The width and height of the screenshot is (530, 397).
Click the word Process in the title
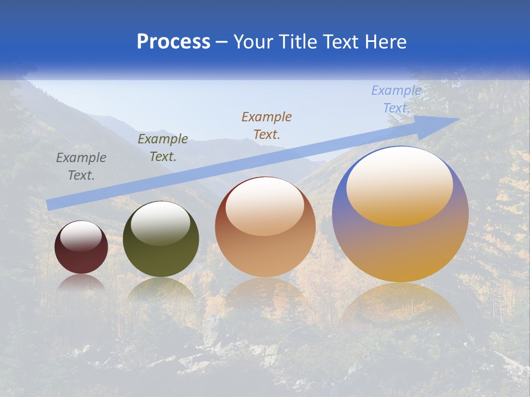click(x=173, y=42)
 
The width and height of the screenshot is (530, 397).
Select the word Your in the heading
click(x=253, y=42)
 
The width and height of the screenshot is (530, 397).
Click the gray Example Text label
click(x=81, y=167)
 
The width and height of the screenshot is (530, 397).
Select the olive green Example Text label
click(x=163, y=148)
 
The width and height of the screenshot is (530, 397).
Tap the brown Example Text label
click(x=267, y=125)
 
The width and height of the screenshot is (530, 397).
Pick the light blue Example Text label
click(x=396, y=99)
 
